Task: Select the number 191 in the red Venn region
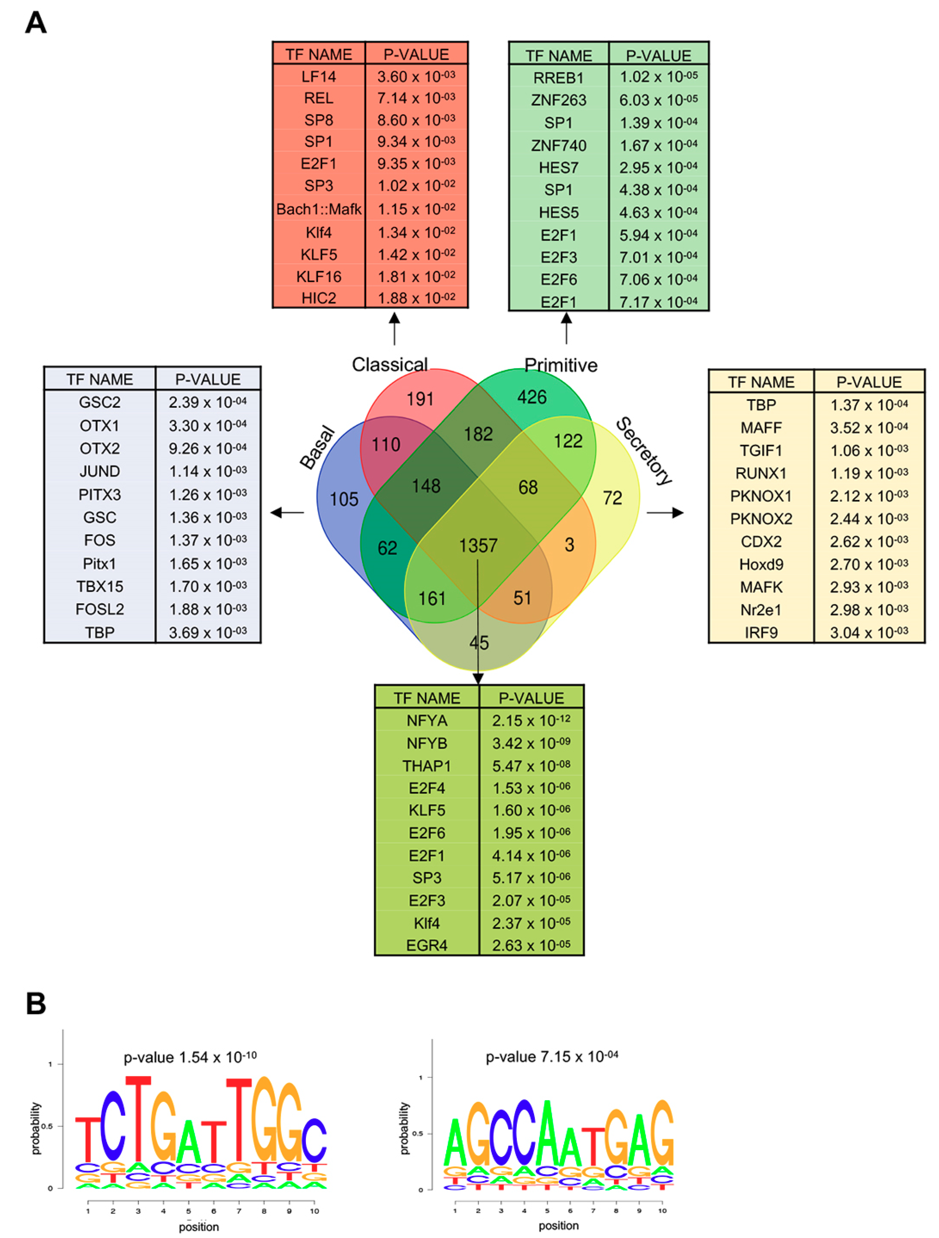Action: point(420,399)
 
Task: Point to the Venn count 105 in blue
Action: point(343,499)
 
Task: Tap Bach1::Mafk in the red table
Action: point(319,209)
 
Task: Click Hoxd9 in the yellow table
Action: point(761,564)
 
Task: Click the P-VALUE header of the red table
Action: point(416,54)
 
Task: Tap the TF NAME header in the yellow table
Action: point(761,382)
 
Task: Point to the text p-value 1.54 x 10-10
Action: point(190,1057)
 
